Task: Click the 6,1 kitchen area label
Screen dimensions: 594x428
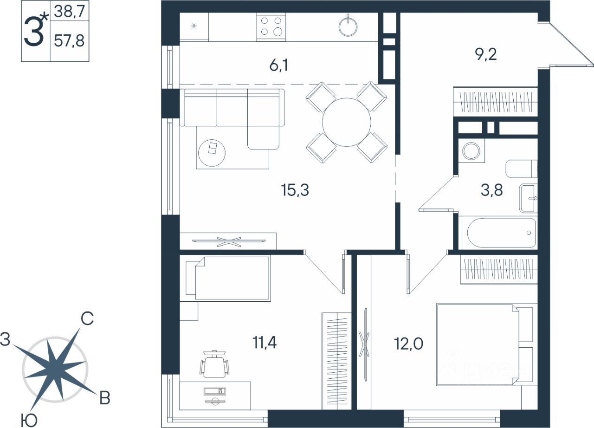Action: [279, 65]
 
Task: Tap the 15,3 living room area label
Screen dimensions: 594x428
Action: [295, 190]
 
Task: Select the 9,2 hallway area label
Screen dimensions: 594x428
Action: [486, 54]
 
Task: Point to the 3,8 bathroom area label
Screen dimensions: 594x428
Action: [491, 190]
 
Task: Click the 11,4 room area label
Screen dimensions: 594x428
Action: [265, 342]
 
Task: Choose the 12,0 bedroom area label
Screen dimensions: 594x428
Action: [408, 344]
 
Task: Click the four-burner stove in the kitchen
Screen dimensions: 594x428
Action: [271, 27]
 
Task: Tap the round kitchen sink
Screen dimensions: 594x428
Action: [348, 26]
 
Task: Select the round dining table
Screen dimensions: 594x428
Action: [347, 122]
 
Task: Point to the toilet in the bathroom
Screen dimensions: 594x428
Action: [521, 169]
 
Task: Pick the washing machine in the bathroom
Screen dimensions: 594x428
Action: [471, 151]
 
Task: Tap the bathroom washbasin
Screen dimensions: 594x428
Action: [529, 198]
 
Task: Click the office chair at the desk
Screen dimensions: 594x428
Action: [214, 364]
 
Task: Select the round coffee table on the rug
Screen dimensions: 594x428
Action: [212, 153]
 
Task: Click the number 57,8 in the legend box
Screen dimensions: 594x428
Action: [69, 41]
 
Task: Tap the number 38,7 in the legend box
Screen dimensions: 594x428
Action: [69, 12]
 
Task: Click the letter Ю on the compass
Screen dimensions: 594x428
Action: [29, 421]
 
